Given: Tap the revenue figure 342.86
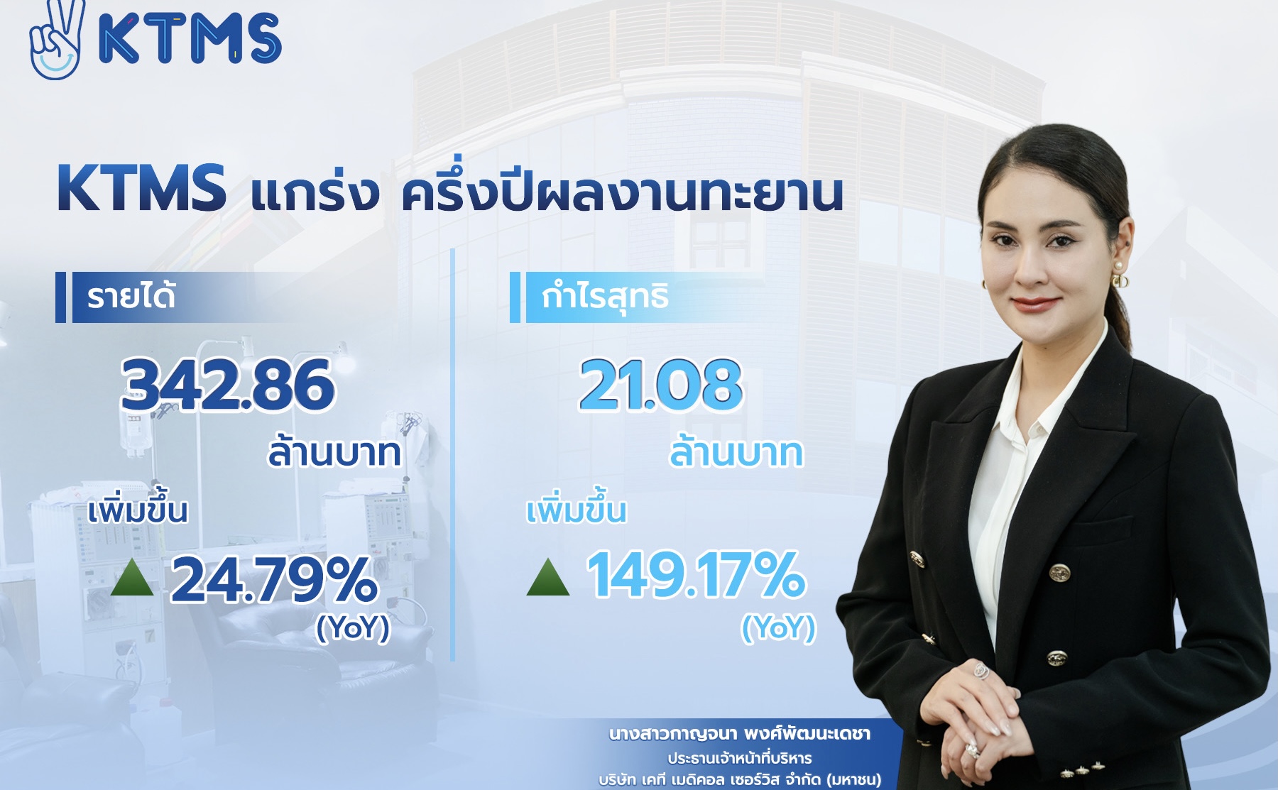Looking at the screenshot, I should pyautogui.click(x=227, y=385).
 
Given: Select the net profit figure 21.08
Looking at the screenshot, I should pyautogui.click(x=660, y=385).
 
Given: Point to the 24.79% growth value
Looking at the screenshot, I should pyautogui.click(x=274, y=579).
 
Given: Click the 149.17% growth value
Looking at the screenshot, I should pyautogui.click(x=696, y=574).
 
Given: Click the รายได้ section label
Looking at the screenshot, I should pyautogui.click(x=131, y=297).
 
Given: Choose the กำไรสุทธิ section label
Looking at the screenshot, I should pyautogui.click(x=605, y=297).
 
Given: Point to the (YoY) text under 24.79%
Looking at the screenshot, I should pyautogui.click(x=353, y=627).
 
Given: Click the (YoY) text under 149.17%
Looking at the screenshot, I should pyautogui.click(x=779, y=627).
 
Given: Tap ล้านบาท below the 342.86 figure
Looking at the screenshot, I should pyautogui.click(x=334, y=453).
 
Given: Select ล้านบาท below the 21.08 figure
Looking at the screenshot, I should pyautogui.click(x=736, y=453).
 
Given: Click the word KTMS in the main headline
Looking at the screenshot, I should pyautogui.click(x=141, y=189).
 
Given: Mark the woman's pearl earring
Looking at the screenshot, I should pyautogui.click(x=1118, y=267).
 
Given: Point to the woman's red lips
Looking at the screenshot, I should pyautogui.click(x=1034, y=303).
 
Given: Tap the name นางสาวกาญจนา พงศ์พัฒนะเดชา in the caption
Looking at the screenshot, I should pyautogui.click(x=740, y=734).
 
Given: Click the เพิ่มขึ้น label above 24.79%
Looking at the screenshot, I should pyautogui.click(x=138, y=511).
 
